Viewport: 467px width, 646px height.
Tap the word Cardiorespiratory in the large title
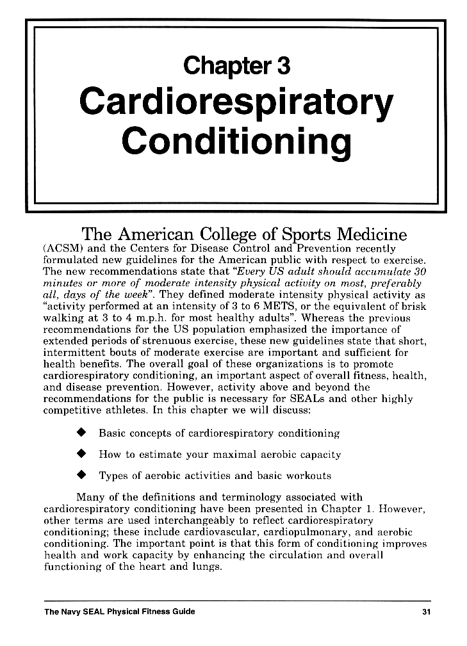(236, 106)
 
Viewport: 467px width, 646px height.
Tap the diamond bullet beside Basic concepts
(81, 433)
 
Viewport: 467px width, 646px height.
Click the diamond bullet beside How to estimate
(81, 455)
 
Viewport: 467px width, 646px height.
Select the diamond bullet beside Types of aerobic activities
(81, 476)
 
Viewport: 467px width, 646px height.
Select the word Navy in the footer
(73, 611)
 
